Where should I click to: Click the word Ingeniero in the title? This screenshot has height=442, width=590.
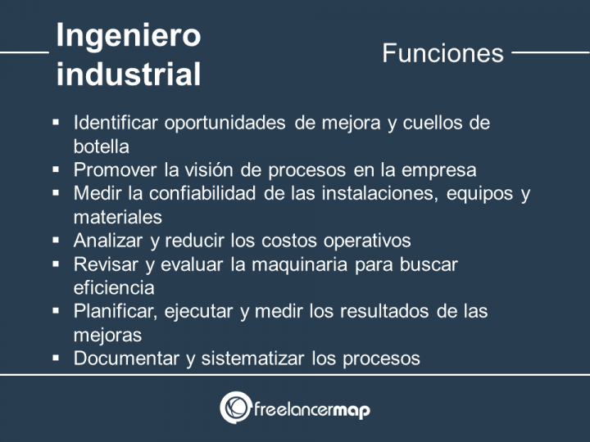coord(128,35)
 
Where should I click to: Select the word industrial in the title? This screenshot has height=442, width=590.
coord(128,74)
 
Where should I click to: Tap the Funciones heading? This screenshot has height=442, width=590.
coord(442,53)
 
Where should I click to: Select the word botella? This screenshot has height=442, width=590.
coord(101,147)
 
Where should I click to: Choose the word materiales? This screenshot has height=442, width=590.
coord(117,217)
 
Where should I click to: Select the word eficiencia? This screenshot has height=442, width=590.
coord(113,287)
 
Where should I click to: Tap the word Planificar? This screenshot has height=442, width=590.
coord(116,311)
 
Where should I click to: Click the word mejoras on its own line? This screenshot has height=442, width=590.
coord(107,335)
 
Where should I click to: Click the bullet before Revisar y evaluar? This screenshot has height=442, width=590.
coord(56,264)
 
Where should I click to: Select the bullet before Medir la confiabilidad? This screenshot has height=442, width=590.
coord(56,193)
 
